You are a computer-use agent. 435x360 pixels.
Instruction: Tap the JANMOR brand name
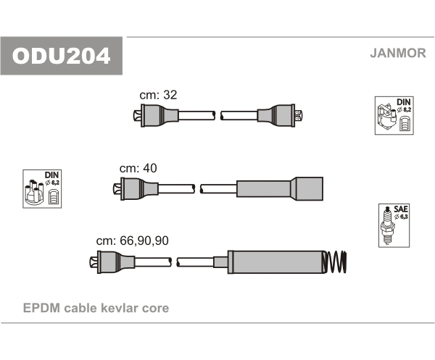pos(398,52)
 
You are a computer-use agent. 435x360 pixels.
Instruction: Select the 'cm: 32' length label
pos(158,95)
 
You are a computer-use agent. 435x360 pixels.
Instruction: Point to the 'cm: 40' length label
pos(138,167)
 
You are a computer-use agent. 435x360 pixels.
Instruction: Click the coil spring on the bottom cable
pos(335,261)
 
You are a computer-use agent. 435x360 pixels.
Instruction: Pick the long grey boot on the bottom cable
pos(276,261)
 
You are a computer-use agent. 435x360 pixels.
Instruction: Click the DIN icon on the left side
pos(43,189)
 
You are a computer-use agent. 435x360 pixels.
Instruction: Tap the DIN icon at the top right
pos(394,115)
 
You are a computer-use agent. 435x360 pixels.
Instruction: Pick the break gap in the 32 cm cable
pos(217,115)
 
